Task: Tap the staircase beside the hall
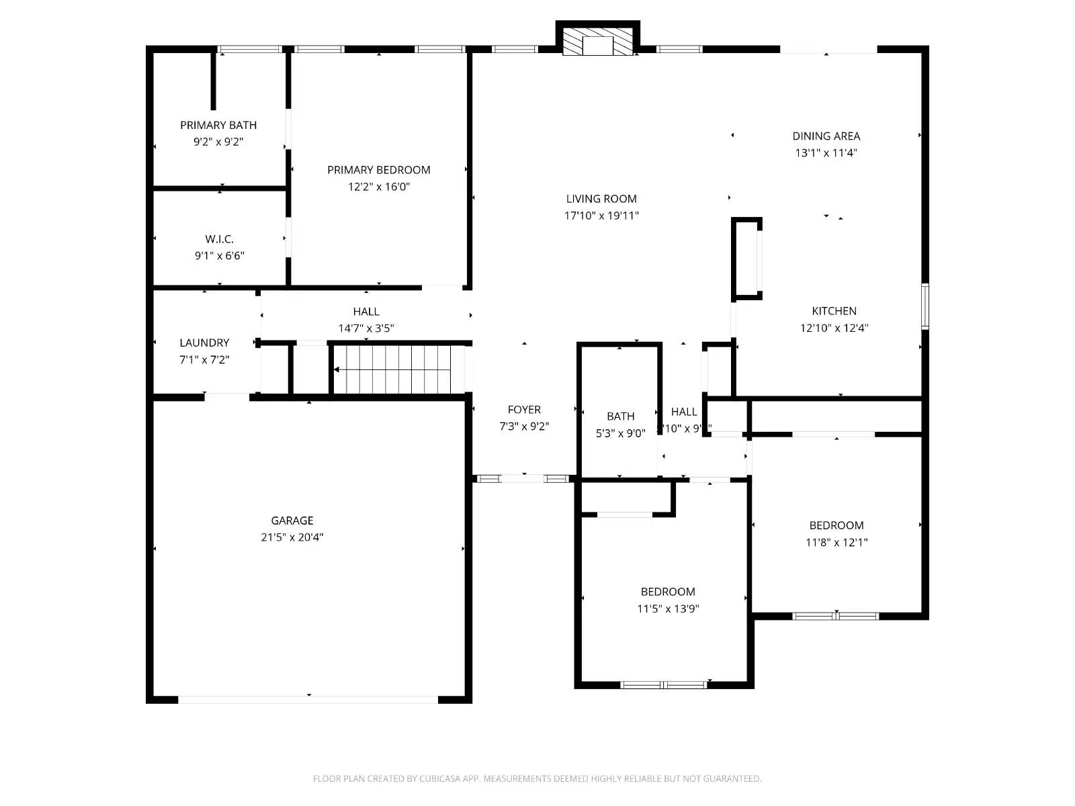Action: (400, 369)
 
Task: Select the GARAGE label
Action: (292, 521)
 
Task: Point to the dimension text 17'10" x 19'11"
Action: (601, 216)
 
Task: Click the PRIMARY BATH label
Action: (218, 125)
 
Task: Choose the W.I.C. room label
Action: (220, 239)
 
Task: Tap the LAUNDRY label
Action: (204, 343)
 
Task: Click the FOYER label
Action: (524, 410)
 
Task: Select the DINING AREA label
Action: (826, 136)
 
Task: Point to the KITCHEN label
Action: (834, 311)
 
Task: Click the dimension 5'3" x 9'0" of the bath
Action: (620, 434)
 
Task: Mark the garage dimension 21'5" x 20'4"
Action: (292, 537)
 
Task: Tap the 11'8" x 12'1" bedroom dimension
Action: (836, 543)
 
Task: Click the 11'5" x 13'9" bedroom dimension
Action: (668, 609)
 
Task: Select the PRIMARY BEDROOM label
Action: (379, 170)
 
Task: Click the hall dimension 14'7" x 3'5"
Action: (366, 328)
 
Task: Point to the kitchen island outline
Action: (746, 259)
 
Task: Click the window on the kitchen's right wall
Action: (925, 306)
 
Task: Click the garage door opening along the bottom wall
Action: (308, 700)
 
